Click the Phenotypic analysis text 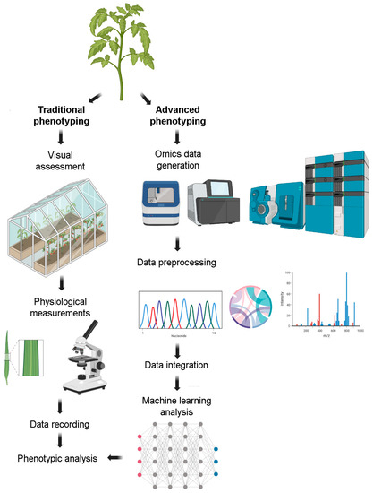coord(56,459)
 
